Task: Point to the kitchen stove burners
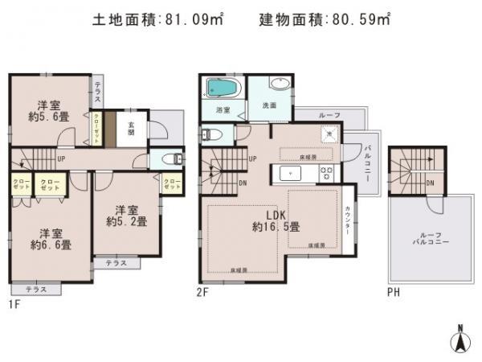coord(327,173)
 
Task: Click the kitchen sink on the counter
coord(288,174)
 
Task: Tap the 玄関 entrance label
coord(130,125)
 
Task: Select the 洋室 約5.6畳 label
coord(47,109)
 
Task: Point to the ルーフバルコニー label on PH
coord(426,239)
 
